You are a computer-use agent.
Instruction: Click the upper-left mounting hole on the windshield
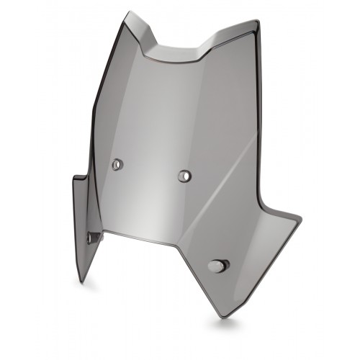(117, 164)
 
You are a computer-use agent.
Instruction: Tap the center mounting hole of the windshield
(184, 175)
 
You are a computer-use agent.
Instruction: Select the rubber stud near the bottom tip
(216, 266)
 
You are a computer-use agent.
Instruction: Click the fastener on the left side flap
(91, 237)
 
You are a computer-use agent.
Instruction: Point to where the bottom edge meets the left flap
(103, 233)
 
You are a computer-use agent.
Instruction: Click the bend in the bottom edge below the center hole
(176, 245)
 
